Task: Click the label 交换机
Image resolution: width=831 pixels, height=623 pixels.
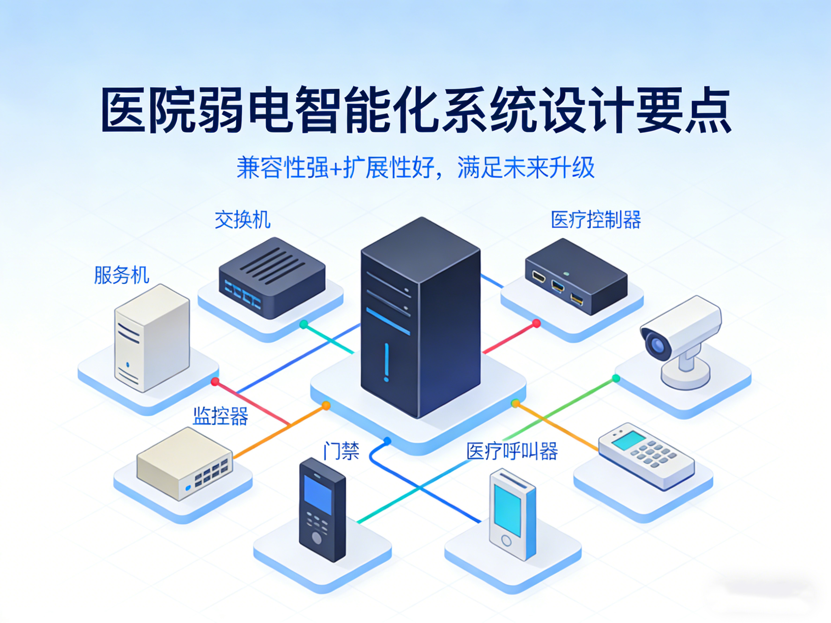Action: click(x=242, y=220)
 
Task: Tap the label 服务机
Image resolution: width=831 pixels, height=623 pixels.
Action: click(x=121, y=275)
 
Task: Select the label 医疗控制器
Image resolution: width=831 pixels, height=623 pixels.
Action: click(x=596, y=220)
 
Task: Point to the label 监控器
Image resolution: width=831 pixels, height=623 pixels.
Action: click(x=220, y=416)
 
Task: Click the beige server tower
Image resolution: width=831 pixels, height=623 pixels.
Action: click(x=152, y=338)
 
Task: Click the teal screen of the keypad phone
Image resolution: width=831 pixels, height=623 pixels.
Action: click(x=629, y=440)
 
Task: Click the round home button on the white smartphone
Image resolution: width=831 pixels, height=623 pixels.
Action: click(x=507, y=541)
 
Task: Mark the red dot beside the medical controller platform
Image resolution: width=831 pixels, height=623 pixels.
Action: click(x=536, y=323)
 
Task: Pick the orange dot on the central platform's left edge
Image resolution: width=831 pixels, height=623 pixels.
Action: click(x=326, y=405)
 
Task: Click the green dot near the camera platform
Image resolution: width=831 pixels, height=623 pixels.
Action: click(x=616, y=378)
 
